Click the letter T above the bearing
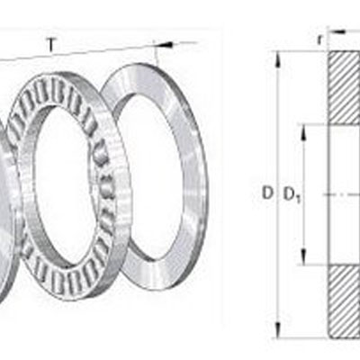point(50,42)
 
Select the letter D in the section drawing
point(267,193)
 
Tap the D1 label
point(292,193)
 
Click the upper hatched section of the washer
point(344,86)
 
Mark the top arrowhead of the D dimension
point(277,56)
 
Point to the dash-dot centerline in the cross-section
point(337,193)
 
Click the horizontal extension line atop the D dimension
point(301,50)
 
